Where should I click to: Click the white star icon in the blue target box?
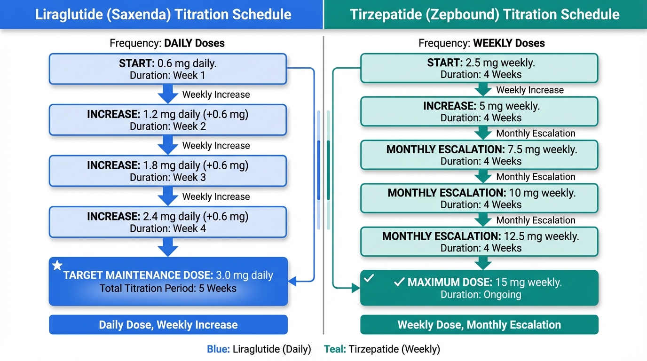tap(57, 265)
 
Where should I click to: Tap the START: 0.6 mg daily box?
tap(168, 69)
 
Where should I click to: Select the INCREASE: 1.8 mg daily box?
tap(168, 171)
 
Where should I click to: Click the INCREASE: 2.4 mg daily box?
tap(168, 222)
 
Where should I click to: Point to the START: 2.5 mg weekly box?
tap(479, 68)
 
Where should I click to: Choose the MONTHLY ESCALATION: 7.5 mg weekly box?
tap(479, 155)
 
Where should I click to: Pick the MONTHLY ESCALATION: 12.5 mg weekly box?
tap(479, 242)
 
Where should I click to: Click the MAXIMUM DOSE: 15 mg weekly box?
tap(479, 288)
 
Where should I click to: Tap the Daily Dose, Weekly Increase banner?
tap(168, 325)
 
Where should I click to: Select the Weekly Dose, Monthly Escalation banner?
tap(479, 325)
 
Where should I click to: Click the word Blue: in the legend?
tap(218, 349)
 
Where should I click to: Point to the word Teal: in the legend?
tap(335, 349)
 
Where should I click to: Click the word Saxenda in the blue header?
tap(139, 15)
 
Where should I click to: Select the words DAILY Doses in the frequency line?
tap(194, 43)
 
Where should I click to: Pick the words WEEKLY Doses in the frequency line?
tap(509, 43)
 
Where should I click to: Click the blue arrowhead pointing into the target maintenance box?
tap(292, 281)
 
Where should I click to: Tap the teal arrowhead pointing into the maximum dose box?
tap(356, 288)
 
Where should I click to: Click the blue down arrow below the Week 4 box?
tap(168, 247)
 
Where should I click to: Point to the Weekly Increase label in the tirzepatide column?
tap(530, 90)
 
